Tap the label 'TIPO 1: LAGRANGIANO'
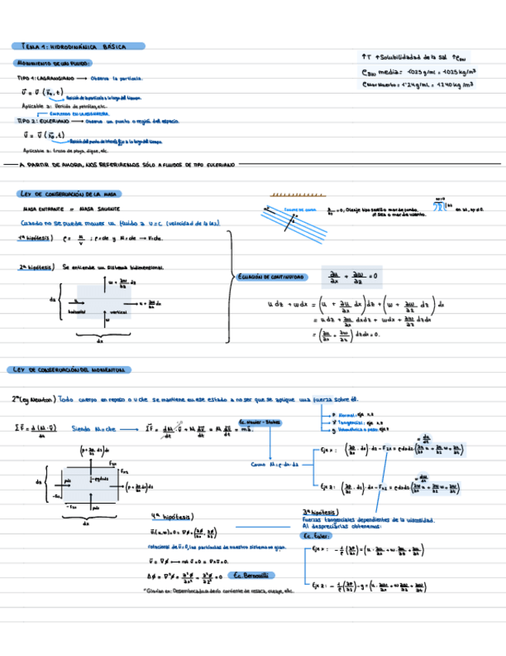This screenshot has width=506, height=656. pyautogui.click(x=45, y=79)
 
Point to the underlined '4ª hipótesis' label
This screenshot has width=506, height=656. pyautogui.click(x=172, y=517)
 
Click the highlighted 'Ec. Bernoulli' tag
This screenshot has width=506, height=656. pyautogui.click(x=252, y=576)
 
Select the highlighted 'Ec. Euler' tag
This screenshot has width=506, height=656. pyautogui.click(x=313, y=536)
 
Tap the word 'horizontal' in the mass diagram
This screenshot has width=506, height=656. pyautogui.click(x=76, y=313)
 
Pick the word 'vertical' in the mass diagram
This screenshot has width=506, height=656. pyautogui.click(x=118, y=312)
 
